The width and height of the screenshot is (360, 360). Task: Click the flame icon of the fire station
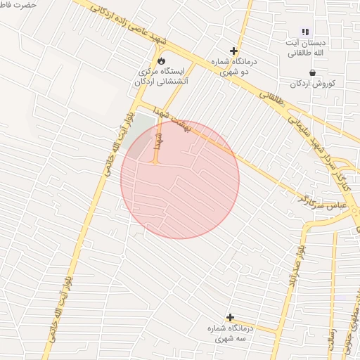coord(161,61)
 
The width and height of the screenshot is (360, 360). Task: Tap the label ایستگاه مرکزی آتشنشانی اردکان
coord(161,77)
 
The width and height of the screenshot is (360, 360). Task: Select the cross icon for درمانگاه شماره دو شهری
coord(234,51)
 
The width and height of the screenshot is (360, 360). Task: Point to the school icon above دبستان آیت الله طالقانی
coord(305,32)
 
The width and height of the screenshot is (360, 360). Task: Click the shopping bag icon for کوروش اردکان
coord(311,72)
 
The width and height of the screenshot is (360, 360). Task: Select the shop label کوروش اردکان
coord(312,83)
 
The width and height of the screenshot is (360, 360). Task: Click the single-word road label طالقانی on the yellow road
coord(275,104)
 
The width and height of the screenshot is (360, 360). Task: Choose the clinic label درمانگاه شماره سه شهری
coord(229,333)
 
